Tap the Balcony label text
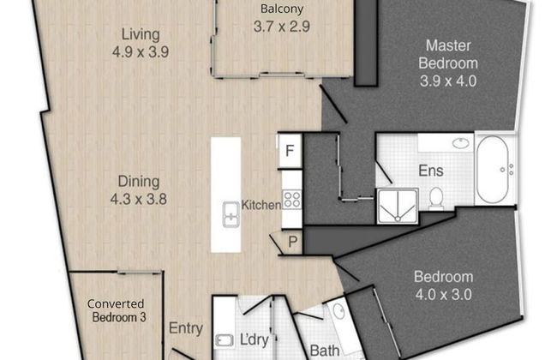(280, 10)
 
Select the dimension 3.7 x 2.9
(280, 27)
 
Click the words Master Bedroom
(446, 54)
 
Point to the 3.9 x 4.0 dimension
(446, 82)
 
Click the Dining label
(141, 182)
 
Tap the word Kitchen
(261, 205)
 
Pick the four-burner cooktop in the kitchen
(291, 201)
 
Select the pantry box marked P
(292, 242)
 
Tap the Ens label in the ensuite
(429, 171)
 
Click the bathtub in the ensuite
(495, 169)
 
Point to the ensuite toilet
(435, 198)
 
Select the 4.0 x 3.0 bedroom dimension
(443, 292)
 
